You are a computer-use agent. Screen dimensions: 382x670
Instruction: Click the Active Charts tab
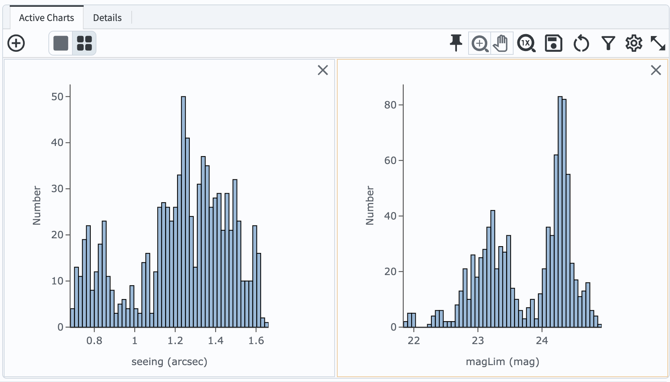(47, 18)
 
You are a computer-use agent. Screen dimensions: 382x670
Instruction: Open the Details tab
(107, 18)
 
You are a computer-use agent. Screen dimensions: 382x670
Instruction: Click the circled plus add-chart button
(16, 43)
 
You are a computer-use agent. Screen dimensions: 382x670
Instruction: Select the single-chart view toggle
(61, 43)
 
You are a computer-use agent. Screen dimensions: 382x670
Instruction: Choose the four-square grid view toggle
(84, 43)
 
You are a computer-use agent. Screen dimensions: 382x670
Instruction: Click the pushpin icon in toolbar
(456, 43)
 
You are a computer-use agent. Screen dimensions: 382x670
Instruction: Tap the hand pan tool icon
(501, 43)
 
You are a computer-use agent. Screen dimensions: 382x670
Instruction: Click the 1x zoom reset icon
(526, 43)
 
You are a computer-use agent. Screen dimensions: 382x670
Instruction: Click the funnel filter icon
(608, 43)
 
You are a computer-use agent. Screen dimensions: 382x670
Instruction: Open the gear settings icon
(634, 43)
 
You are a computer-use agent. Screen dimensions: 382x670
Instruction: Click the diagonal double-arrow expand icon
(658, 43)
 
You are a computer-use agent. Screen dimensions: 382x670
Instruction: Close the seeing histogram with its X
(323, 70)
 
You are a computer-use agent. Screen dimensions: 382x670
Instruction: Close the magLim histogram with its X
(656, 70)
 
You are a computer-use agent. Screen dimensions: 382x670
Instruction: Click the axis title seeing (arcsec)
(169, 362)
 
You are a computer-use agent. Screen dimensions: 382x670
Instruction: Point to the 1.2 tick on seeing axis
(175, 341)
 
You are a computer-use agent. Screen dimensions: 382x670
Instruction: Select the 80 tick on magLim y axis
(390, 105)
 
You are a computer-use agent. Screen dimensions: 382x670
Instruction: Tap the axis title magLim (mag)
(502, 362)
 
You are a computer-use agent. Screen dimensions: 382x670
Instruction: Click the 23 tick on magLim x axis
(478, 341)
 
